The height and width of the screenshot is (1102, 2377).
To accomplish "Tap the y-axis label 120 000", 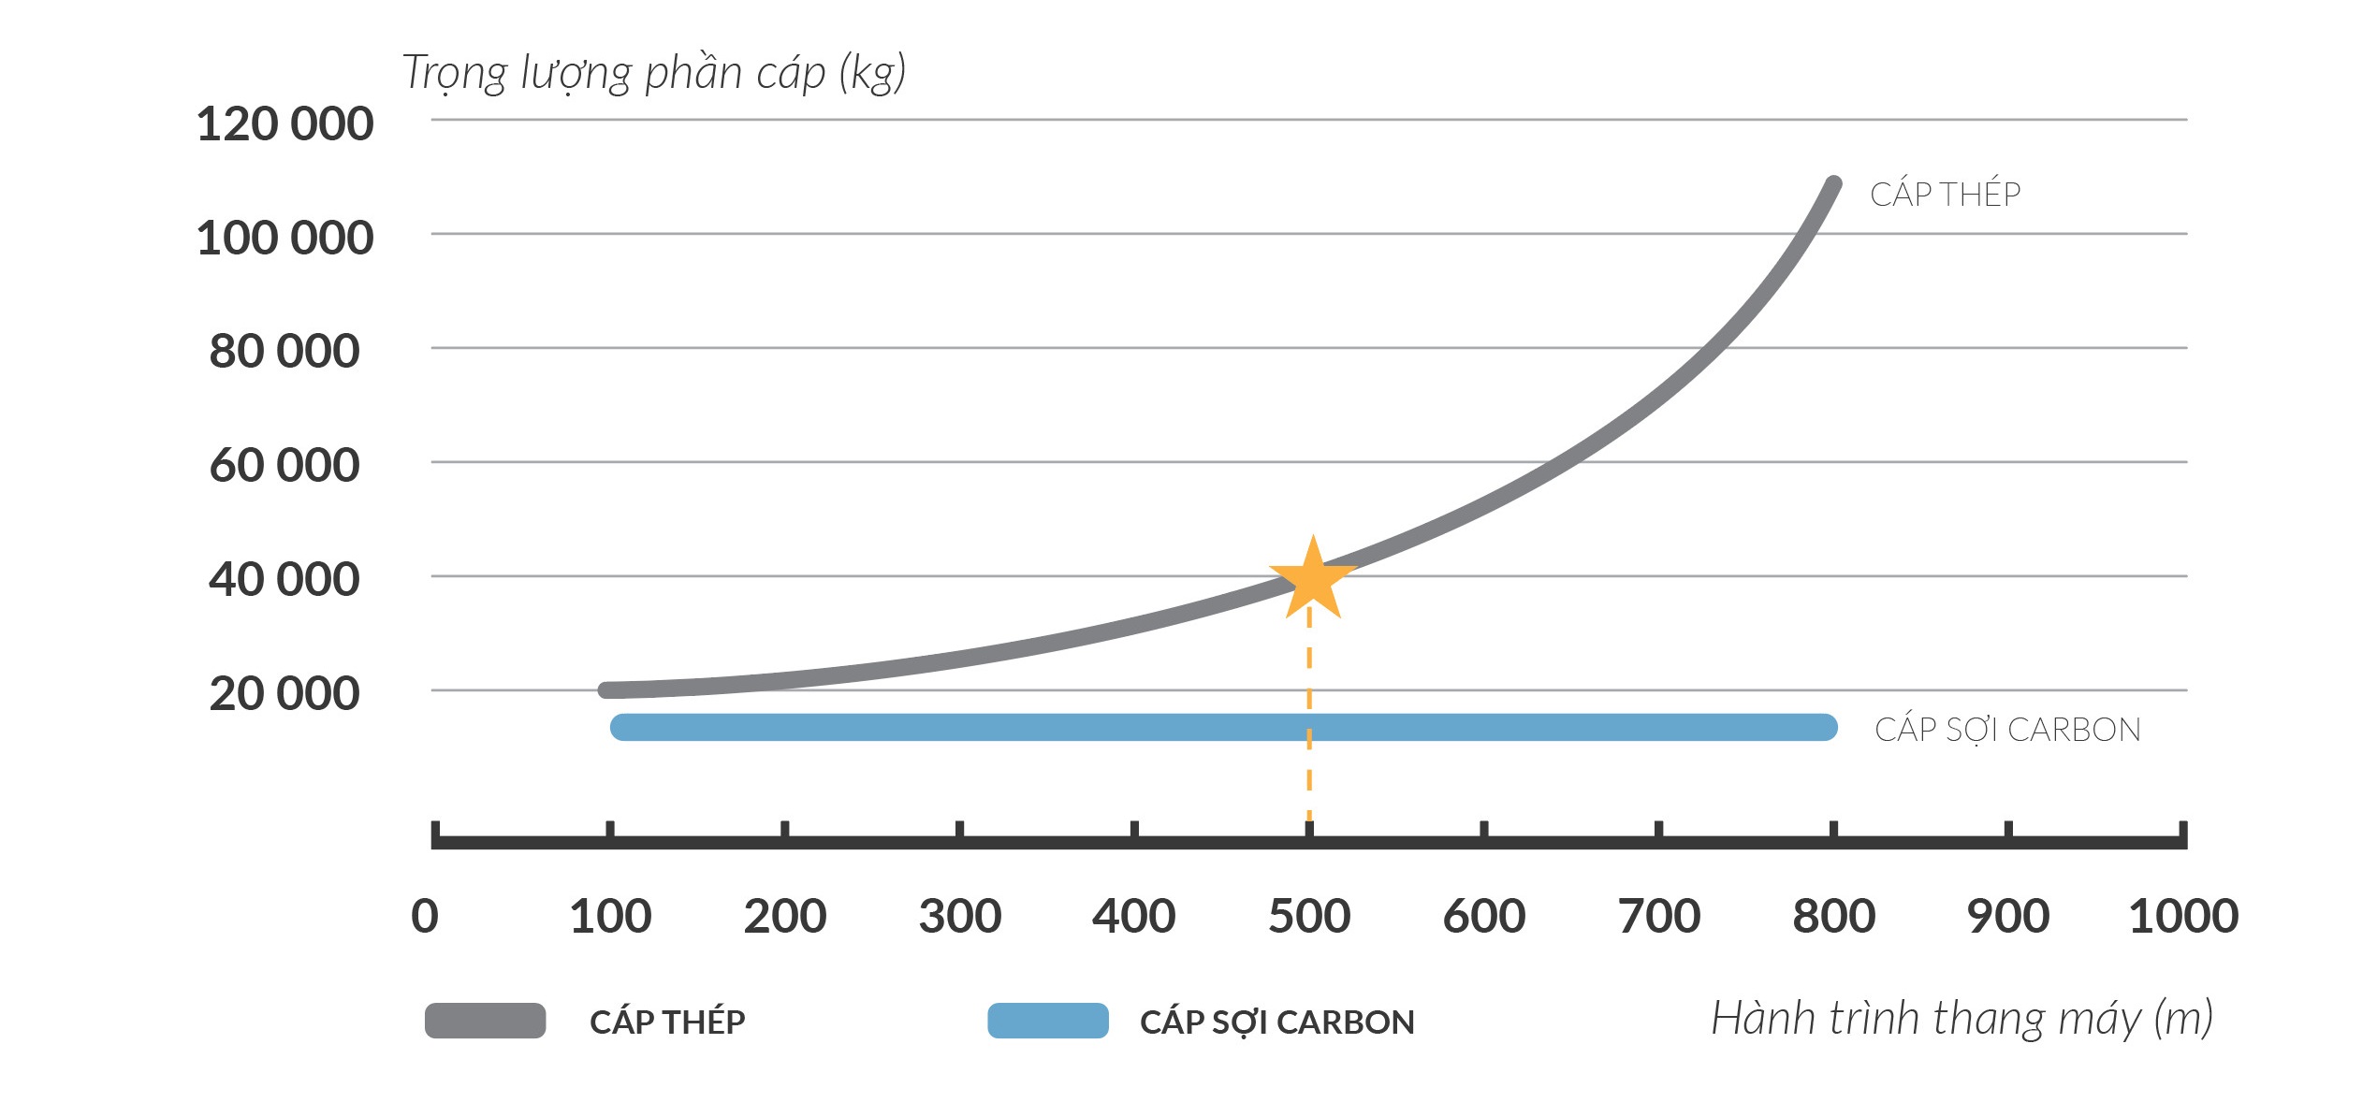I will click(284, 124).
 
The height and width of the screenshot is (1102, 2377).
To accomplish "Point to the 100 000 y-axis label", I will click(284, 238).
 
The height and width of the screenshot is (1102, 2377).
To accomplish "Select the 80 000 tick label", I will click(284, 352).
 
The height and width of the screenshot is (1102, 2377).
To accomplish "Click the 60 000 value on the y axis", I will click(284, 466).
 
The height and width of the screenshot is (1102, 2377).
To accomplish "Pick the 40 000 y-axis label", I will click(284, 580).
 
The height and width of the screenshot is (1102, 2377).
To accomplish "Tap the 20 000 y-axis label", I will click(284, 694).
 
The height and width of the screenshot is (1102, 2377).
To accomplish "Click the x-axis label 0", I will click(425, 916).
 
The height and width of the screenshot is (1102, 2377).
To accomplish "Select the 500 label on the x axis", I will click(1309, 916).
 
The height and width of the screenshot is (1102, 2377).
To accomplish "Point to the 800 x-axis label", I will click(1833, 916).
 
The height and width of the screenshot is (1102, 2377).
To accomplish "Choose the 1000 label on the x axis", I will click(2183, 916).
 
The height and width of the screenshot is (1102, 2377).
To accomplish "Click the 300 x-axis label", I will click(959, 916).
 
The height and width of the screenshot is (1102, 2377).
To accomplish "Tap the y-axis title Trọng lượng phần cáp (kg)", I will click(654, 73).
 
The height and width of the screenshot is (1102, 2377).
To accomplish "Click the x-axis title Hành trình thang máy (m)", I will click(1961, 1019).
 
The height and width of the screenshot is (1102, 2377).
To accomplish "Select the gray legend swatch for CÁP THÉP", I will click(485, 1021).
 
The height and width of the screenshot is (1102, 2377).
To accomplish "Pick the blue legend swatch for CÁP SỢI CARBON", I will click(1048, 1021).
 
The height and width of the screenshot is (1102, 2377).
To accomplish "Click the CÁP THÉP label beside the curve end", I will click(1945, 194).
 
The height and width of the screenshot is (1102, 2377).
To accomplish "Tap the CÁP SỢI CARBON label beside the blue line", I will click(2007, 730).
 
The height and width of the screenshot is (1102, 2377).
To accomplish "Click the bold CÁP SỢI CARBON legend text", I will click(1276, 1022).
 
